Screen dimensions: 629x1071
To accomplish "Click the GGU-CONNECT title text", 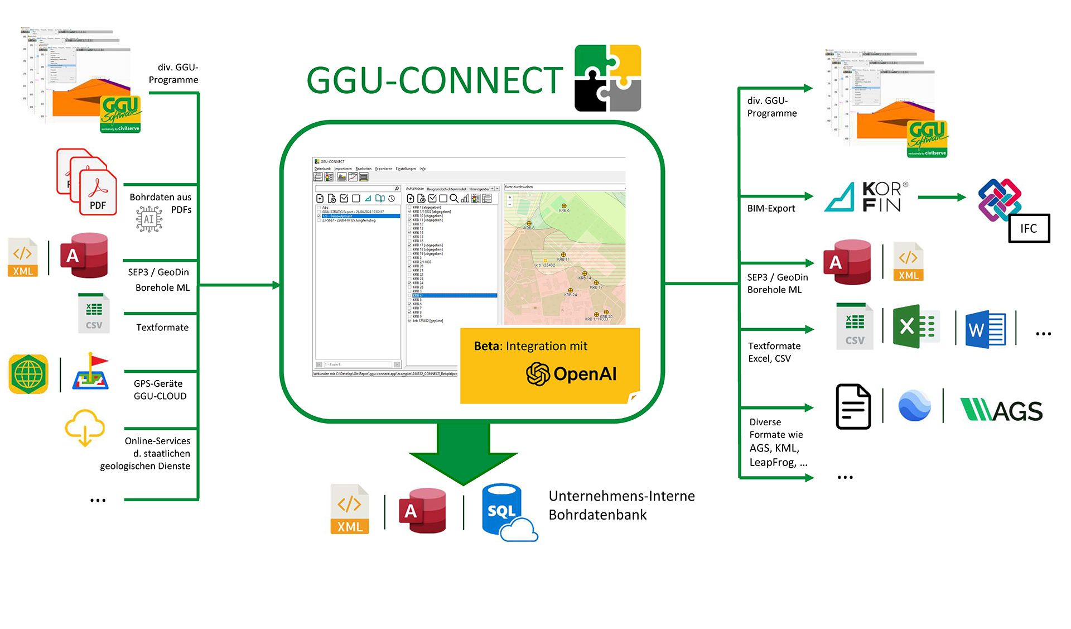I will (434, 80).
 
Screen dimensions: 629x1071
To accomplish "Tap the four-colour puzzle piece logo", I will (607, 78).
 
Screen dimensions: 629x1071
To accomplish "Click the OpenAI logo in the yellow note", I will (571, 374).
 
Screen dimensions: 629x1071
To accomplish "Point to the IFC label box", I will (1029, 228).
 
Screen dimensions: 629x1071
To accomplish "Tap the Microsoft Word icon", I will (986, 329).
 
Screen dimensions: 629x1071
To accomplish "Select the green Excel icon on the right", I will (915, 327).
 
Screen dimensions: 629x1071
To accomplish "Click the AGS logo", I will (1001, 410).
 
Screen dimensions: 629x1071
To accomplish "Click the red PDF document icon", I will (97, 193).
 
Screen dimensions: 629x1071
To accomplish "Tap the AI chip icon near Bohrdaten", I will (149, 219).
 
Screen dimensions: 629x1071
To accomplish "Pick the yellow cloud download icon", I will (85, 428).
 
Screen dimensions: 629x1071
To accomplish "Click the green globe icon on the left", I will (28, 374).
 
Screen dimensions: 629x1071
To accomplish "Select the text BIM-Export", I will (771, 208).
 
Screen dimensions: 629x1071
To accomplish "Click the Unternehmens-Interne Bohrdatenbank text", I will (621, 505).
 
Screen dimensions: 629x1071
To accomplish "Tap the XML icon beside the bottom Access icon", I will (349, 510).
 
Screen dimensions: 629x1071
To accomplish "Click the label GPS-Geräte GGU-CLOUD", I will (160, 390).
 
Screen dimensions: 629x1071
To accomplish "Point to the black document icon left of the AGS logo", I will (853, 406).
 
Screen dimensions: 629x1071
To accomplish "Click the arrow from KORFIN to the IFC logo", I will (942, 197).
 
